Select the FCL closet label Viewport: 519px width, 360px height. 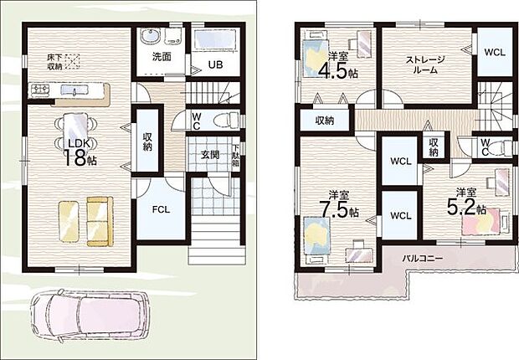(160, 209)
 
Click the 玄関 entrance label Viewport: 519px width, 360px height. (198, 154)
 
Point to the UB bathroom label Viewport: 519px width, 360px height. (215, 64)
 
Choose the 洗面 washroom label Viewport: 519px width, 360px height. (161, 57)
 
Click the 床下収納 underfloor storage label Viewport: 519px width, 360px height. (54, 60)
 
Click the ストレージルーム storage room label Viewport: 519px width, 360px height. (425, 64)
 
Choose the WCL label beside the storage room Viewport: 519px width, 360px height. (494, 52)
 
